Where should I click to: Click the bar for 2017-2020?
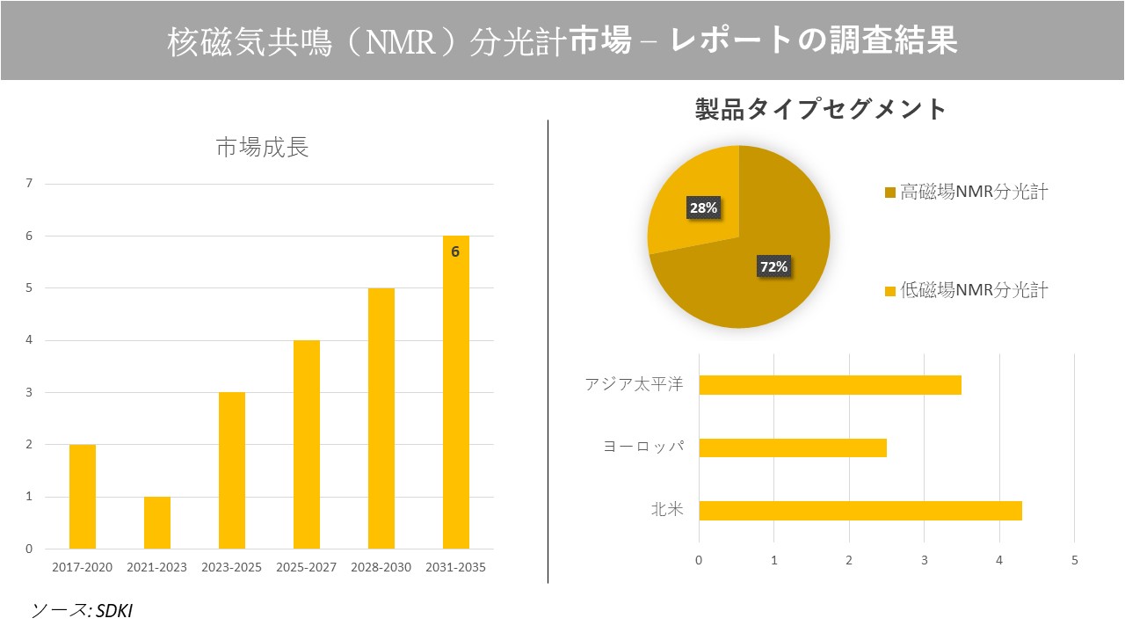[x=83, y=497]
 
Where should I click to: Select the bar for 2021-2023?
[x=157, y=523]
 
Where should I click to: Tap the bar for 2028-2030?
[x=381, y=418]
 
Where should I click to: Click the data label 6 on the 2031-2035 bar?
[x=455, y=251]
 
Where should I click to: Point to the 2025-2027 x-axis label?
[x=307, y=567]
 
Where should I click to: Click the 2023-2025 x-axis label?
[x=232, y=567]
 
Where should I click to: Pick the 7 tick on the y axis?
[x=29, y=184]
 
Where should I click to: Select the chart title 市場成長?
[x=262, y=148]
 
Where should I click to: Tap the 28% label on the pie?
[x=703, y=208]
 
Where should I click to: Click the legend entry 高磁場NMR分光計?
[x=966, y=193]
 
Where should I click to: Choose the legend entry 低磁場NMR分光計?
[x=966, y=290]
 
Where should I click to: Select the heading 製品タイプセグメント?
[x=820, y=109]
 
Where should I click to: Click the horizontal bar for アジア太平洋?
[x=830, y=385]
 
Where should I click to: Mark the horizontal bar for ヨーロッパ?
[x=793, y=447]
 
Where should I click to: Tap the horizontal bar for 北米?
[x=860, y=511]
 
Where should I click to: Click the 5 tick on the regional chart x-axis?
[x=1074, y=560]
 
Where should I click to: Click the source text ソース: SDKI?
[x=82, y=610]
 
